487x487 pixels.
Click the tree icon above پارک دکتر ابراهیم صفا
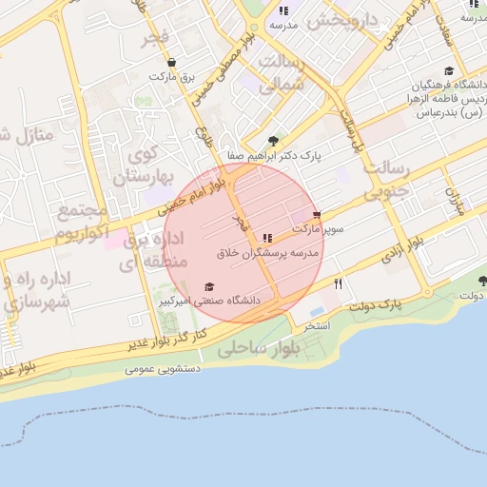coord(275,140)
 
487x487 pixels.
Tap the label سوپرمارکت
coord(317,229)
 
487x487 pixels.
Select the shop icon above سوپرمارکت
coord(317,216)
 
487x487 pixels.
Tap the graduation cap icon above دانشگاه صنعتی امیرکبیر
coord(209,286)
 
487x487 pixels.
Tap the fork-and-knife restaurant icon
coord(338,283)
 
